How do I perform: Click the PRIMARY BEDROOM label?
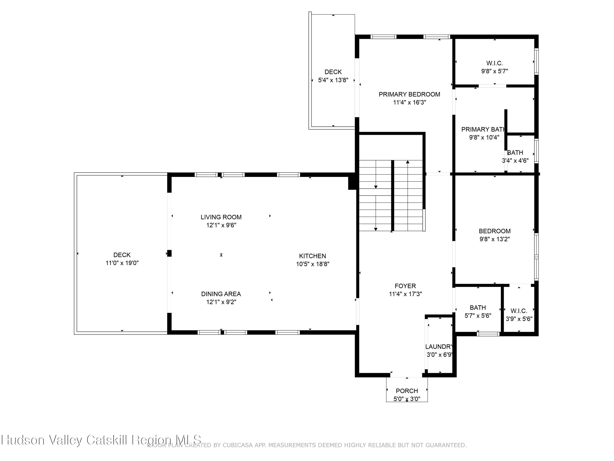click(x=409, y=94)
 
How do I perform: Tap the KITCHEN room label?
click(x=312, y=256)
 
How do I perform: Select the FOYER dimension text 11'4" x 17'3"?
click(x=405, y=294)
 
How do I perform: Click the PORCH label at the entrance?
click(x=407, y=391)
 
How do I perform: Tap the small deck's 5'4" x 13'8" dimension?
click(x=333, y=80)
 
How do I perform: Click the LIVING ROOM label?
click(x=221, y=217)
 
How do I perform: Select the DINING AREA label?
click(x=221, y=294)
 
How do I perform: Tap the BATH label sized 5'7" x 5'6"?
click(x=478, y=308)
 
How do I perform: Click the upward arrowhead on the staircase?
click(x=407, y=162)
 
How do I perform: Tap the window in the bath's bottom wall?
click(x=488, y=334)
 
